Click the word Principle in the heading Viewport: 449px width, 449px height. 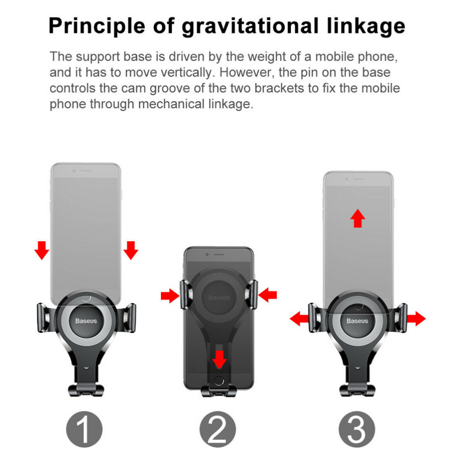tap(97, 26)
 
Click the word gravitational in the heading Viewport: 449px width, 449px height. tap(250, 26)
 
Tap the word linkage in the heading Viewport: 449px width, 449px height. tap(366, 26)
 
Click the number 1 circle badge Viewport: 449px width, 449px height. tap(84, 429)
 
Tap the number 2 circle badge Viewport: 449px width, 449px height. tap(217, 429)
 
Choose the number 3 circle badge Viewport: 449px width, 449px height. tap(357, 429)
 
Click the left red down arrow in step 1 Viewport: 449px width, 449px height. tap(42, 250)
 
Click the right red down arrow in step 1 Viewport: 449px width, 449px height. tap(131, 250)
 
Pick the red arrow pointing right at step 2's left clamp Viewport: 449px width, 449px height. tap(170, 296)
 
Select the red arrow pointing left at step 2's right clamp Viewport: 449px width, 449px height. tap(267, 295)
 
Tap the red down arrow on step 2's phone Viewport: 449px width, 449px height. tap(220, 360)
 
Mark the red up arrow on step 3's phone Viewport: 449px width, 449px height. tap(358, 218)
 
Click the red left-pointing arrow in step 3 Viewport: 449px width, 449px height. tap(299, 319)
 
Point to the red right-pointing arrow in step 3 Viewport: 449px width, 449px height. tap(416, 319)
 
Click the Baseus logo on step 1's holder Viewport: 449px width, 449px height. tap(86, 321)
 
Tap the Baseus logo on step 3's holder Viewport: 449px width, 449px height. tap(358, 321)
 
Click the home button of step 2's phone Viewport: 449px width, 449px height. tap(219, 380)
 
